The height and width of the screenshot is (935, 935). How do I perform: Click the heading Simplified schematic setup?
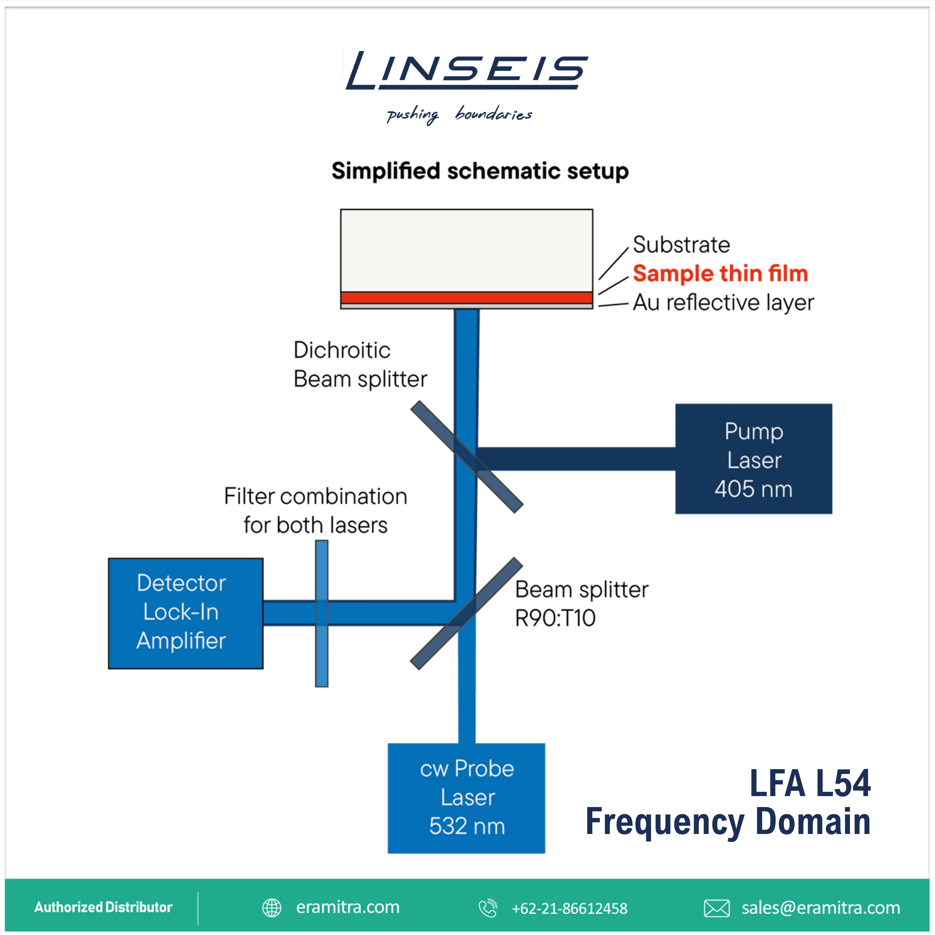pyautogui.click(x=480, y=171)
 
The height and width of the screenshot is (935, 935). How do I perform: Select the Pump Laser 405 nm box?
pyautogui.click(x=754, y=459)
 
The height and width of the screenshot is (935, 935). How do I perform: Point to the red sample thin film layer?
pyautogui.click(x=466, y=298)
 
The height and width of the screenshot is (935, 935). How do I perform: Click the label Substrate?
pyautogui.click(x=681, y=245)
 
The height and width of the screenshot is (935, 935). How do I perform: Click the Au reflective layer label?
pyautogui.click(x=723, y=302)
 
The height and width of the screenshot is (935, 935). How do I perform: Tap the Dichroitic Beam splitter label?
pyautogui.click(x=360, y=365)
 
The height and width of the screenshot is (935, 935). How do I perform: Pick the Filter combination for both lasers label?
pyautogui.click(x=315, y=511)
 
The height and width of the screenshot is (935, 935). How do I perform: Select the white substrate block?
pyautogui.click(x=466, y=251)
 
